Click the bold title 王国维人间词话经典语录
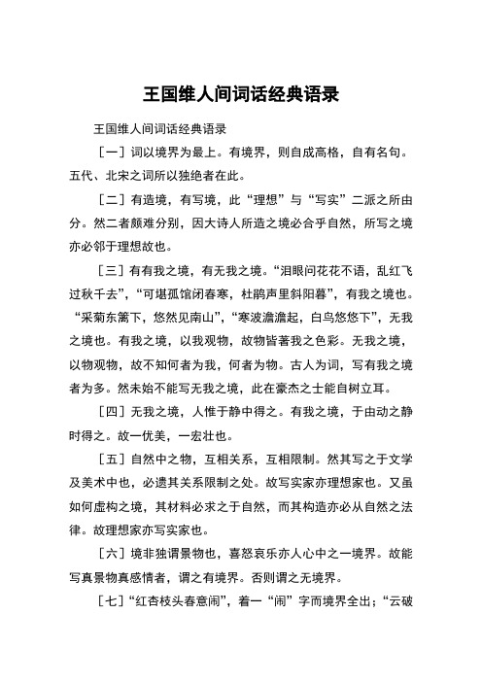tap(240, 95)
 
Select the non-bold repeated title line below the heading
tap(158, 128)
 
